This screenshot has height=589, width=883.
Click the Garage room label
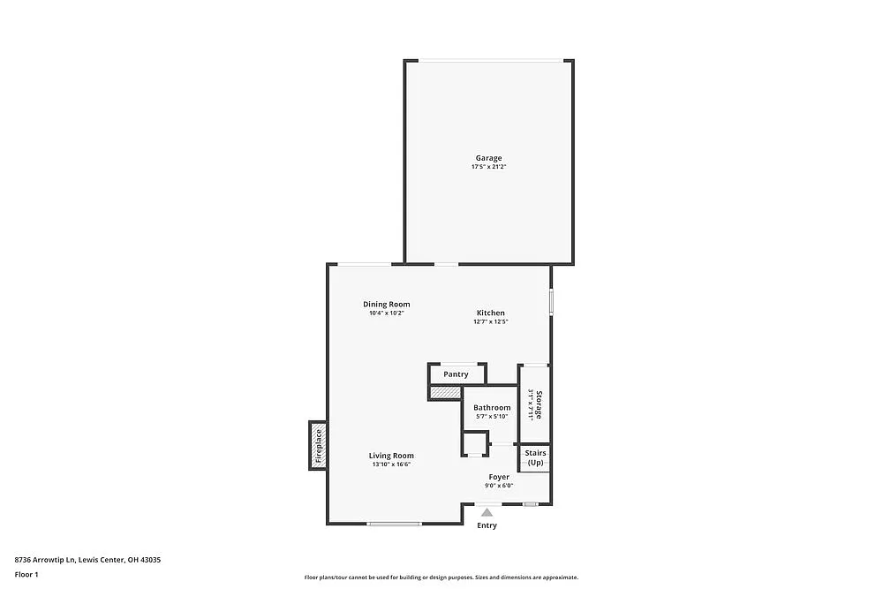click(x=488, y=158)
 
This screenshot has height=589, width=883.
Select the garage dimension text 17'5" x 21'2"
click(x=488, y=167)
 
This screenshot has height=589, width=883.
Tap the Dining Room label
click(x=386, y=304)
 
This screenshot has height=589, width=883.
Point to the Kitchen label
click(x=491, y=313)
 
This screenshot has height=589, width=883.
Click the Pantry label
click(x=456, y=374)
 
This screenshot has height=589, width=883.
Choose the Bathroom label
click(x=492, y=407)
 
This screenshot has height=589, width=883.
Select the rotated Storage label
click(x=539, y=404)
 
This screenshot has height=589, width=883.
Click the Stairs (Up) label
click(x=536, y=457)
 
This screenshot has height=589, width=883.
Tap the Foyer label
click(x=499, y=477)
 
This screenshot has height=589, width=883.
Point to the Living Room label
click(x=391, y=456)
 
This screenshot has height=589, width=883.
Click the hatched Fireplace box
click(x=319, y=444)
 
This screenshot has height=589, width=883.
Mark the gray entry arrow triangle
click(x=487, y=510)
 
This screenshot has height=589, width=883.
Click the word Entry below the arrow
click(x=487, y=525)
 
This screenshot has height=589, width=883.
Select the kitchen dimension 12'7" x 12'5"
click(x=491, y=321)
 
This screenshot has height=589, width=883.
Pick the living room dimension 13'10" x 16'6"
click(x=391, y=464)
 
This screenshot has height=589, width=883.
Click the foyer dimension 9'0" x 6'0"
click(x=499, y=486)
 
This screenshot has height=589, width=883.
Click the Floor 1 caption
click(x=26, y=574)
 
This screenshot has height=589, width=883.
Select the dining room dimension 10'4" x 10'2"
click(x=386, y=313)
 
